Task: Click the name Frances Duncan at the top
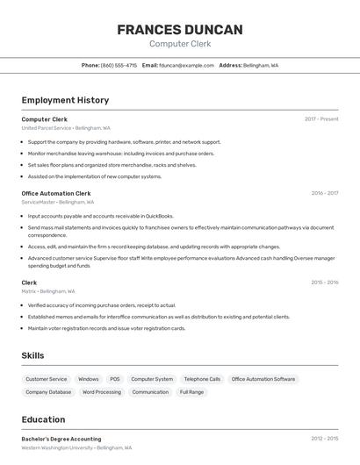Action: [180, 30]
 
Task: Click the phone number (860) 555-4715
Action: [119, 65]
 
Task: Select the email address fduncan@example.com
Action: [184, 65]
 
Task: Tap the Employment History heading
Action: [65, 100]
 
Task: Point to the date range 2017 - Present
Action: [321, 119]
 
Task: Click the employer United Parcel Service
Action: [47, 128]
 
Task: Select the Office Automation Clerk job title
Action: [56, 193]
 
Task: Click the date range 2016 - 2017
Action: [324, 193]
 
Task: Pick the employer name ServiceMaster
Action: [39, 202]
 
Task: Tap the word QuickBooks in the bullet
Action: [159, 216]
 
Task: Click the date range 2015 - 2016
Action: [324, 283]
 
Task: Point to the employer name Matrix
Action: [29, 291]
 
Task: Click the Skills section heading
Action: [33, 355]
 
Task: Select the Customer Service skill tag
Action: [47, 379]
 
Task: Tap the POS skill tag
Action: [115, 379]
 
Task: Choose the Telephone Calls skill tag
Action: [202, 379]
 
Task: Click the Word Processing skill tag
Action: [102, 392]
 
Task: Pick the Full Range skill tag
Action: [191, 392]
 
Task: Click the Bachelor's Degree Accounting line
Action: [61, 439]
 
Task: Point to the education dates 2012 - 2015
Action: [324, 439]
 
